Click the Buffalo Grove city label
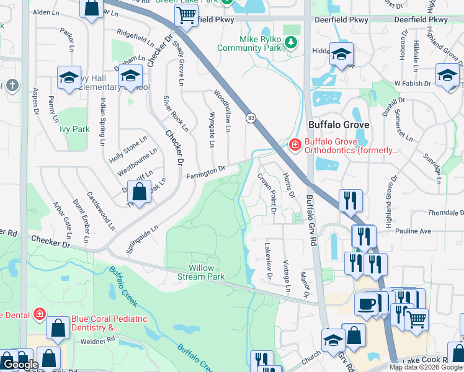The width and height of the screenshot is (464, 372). pyautogui.click(x=339, y=125)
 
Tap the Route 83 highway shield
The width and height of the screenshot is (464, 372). pyautogui.click(x=251, y=118)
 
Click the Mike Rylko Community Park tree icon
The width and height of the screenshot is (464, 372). pyautogui.click(x=290, y=43)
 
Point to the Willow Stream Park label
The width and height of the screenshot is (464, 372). pyautogui.click(x=202, y=272)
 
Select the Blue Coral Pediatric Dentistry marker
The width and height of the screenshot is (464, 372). pyautogui.click(x=40, y=314)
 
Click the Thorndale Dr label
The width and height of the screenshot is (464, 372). pyautogui.click(x=445, y=212)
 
